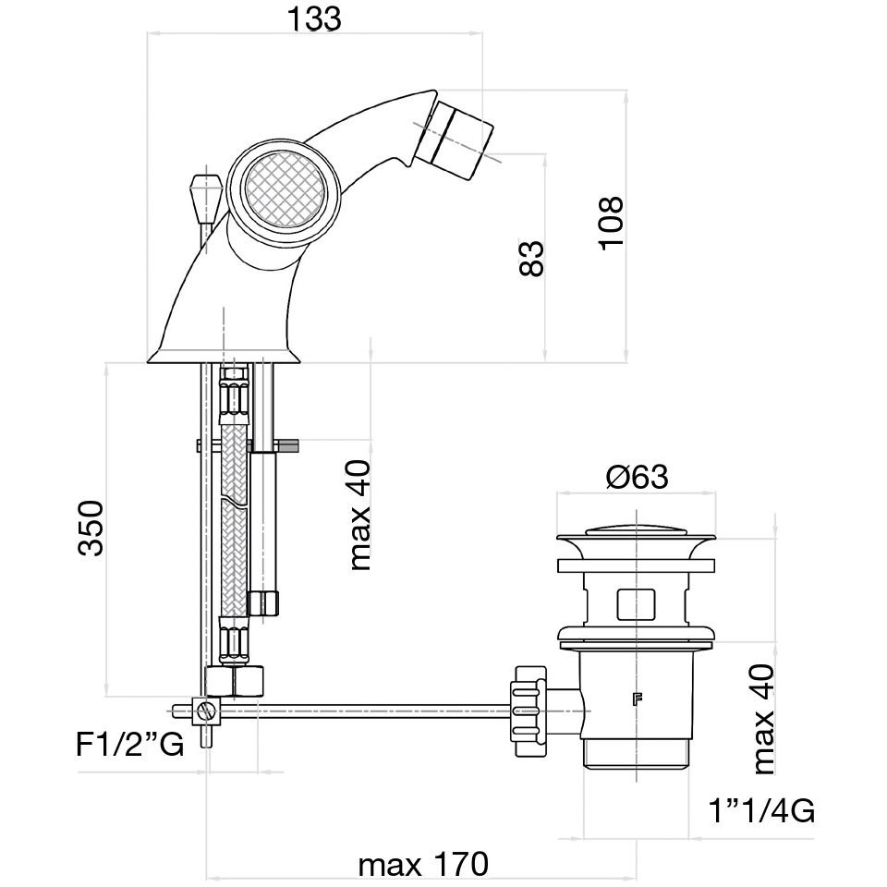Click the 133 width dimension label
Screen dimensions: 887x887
[x=313, y=19]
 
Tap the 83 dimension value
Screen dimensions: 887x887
[x=532, y=258]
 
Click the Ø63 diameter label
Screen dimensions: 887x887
[x=637, y=477]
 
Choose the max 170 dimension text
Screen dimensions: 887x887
[x=422, y=866]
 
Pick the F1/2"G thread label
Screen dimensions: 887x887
[x=130, y=744]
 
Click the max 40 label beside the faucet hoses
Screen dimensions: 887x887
[x=359, y=515]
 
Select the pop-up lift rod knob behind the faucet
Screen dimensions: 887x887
[x=201, y=194]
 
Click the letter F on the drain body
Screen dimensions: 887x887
[x=636, y=699]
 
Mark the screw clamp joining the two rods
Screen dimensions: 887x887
[x=207, y=711]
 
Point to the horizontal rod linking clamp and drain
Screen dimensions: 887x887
[x=370, y=711]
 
